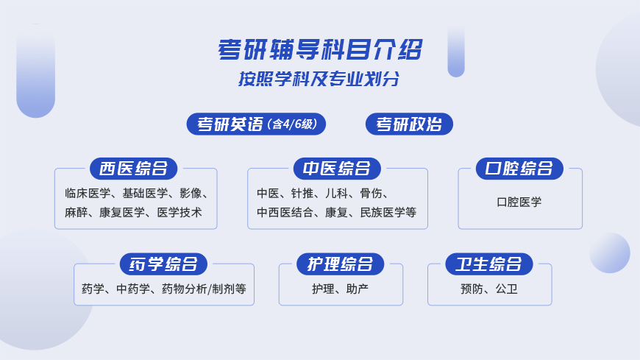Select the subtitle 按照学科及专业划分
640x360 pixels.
319,79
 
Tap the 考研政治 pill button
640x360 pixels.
409,124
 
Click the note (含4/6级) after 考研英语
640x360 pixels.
292,124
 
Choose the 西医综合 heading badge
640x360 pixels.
133,169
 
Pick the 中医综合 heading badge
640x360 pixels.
337,169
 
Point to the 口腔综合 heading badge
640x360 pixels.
519,169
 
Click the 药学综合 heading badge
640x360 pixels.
163,264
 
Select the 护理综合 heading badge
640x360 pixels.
340,264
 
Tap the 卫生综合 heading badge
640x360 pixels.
489,264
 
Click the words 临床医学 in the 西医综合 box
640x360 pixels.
88,194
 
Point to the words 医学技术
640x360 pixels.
179,213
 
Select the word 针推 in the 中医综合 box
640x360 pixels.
302,194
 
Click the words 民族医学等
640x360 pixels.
388,213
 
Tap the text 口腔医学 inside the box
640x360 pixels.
519,202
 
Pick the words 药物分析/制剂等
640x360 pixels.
204,289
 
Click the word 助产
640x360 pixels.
357,289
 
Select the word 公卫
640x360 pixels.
507,289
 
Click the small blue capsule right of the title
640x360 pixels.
456,51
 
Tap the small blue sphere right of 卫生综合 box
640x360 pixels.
609,253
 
